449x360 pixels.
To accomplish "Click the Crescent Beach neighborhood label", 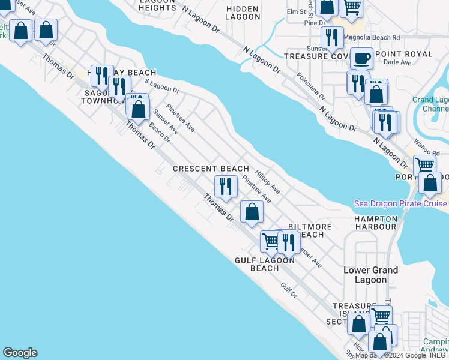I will (211, 169).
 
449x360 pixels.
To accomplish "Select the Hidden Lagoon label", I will (243, 13).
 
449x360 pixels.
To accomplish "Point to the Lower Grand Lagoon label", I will (370, 275).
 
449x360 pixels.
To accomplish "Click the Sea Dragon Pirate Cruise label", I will (400, 203).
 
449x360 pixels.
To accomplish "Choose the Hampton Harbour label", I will (375, 223).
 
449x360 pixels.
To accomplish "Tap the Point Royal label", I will (403, 54).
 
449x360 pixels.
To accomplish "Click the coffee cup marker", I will (360, 58).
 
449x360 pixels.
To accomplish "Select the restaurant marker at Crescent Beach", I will (226, 186).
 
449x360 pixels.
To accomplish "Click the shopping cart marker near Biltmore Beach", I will (271, 241).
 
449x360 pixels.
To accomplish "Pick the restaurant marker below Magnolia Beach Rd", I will (331, 37).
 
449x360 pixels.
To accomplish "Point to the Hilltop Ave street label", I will (268, 179).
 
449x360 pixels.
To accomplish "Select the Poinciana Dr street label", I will (310, 86).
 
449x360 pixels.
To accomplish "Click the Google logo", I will (20, 353).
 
